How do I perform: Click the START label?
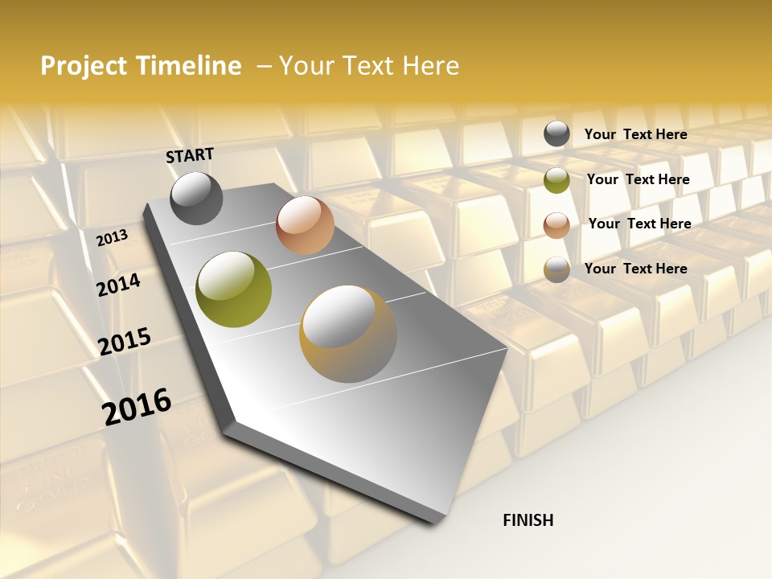tap(190, 155)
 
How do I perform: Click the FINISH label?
tap(528, 520)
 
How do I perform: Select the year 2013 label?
tap(113, 238)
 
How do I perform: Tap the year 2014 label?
tap(119, 285)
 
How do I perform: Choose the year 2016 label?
tap(137, 406)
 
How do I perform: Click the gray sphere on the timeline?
tap(196, 198)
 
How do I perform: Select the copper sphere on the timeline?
tap(305, 225)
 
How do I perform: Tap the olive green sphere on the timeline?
tap(234, 289)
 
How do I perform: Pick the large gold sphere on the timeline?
tap(348, 334)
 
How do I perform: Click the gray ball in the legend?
tap(556, 134)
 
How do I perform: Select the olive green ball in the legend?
tap(556, 180)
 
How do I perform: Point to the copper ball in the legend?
tap(556, 225)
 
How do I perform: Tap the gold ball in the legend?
tap(556, 269)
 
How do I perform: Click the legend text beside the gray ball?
tap(635, 134)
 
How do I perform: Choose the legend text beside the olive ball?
tap(638, 179)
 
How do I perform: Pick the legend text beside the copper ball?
tap(639, 224)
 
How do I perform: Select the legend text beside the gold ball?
tap(635, 269)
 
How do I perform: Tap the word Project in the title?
tap(84, 66)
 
